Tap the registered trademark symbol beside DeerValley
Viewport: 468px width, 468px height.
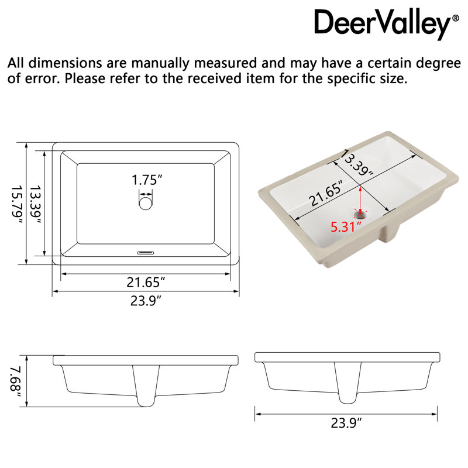tap(456, 18)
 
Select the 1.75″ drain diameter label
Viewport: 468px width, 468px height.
tap(147, 180)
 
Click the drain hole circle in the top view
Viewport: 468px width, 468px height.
tap(146, 203)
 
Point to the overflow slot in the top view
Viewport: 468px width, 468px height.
tap(146, 253)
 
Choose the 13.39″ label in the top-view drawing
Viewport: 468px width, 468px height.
tap(35, 205)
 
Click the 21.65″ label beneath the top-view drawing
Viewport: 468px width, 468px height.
tap(146, 282)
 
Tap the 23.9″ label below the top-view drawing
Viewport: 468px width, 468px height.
tap(146, 301)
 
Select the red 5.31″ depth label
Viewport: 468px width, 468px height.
tap(346, 227)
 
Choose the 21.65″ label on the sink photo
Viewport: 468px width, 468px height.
tap(325, 194)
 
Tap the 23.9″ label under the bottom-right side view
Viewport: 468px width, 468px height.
tap(346, 423)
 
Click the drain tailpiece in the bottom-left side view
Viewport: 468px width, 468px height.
tap(146, 386)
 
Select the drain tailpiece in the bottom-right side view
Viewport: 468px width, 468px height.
tap(347, 383)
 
